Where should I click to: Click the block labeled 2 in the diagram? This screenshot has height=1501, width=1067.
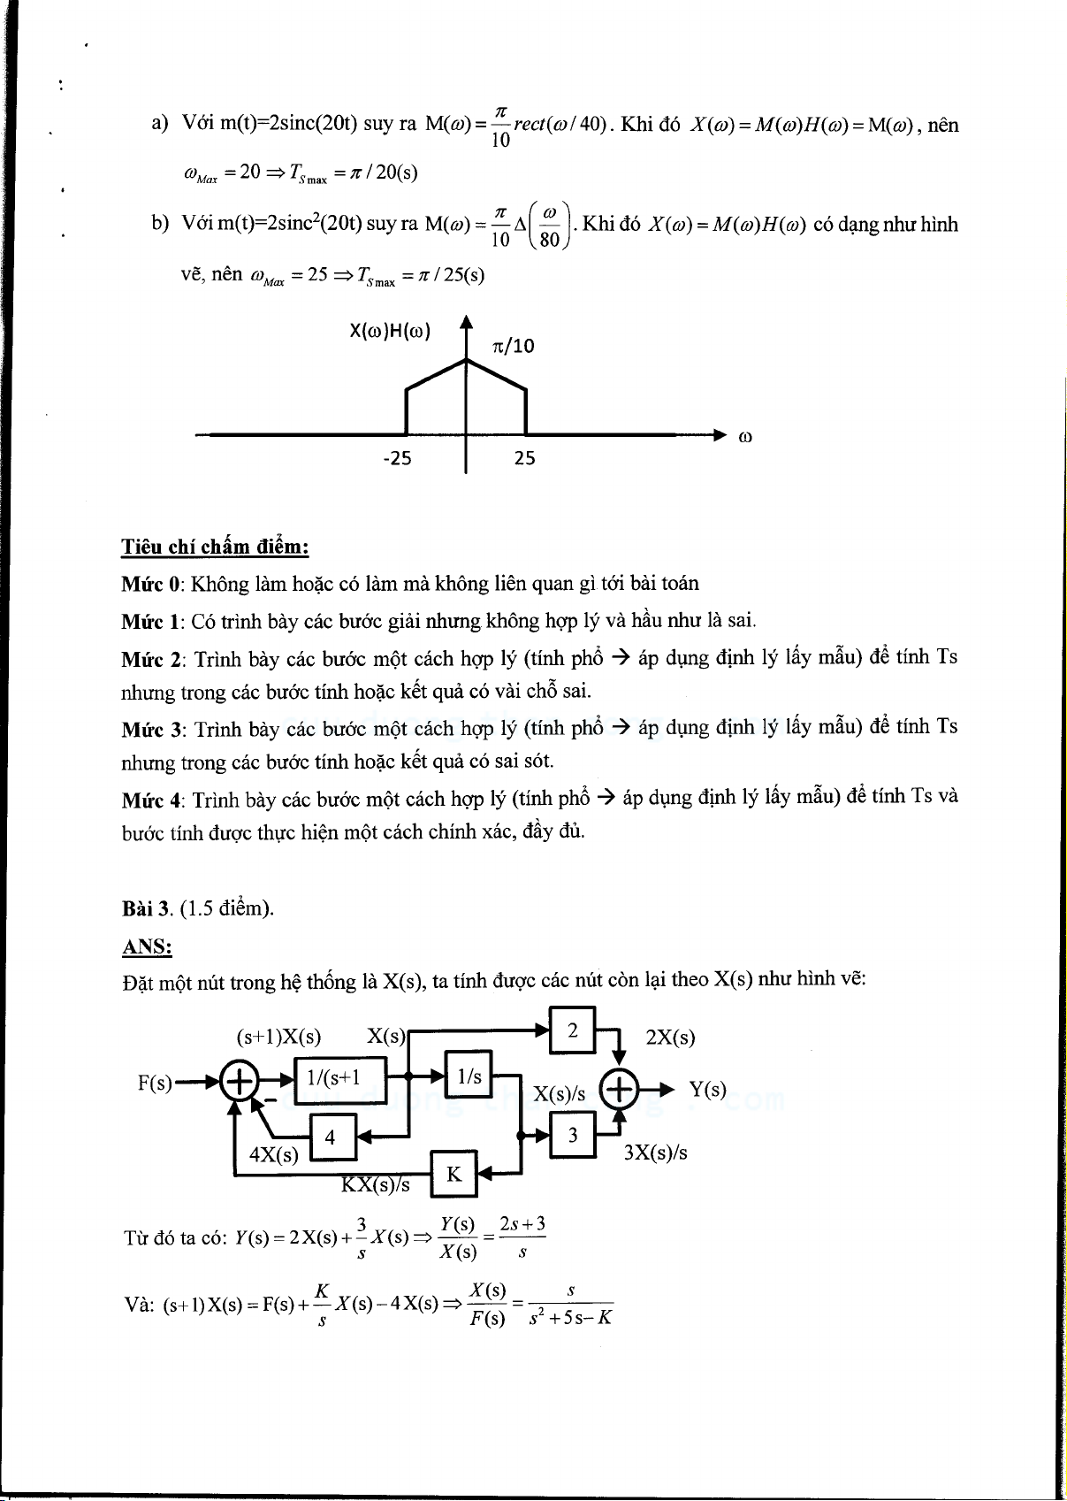pyautogui.click(x=573, y=1030)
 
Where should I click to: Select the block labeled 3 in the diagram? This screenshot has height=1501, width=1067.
pyautogui.click(x=573, y=1135)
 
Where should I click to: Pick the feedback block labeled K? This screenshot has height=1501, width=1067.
pyautogui.click(x=453, y=1174)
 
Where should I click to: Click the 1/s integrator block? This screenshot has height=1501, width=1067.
pyautogui.click(x=469, y=1076)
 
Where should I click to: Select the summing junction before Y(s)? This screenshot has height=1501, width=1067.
pyautogui.click(x=620, y=1089)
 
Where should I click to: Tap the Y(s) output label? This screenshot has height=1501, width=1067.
pyautogui.click(x=708, y=1089)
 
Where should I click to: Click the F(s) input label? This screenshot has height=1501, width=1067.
pyautogui.click(x=156, y=1083)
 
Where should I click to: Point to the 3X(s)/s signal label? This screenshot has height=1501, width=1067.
pyautogui.click(x=655, y=1153)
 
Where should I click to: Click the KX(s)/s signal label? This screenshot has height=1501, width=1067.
pyautogui.click(x=376, y=1185)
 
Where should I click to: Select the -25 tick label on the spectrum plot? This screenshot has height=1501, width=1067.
pyautogui.click(x=397, y=458)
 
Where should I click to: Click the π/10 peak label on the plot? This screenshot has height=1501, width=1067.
pyautogui.click(x=514, y=346)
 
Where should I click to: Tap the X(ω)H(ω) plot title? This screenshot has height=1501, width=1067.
pyautogui.click(x=390, y=332)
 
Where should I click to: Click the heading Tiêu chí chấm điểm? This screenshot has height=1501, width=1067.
pyautogui.click(x=215, y=547)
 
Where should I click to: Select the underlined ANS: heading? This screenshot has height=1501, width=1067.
pyautogui.click(x=147, y=946)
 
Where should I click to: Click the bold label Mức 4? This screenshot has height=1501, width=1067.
pyautogui.click(x=153, y=800)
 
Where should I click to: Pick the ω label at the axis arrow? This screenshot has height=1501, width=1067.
pyautogui.click(x=744, y=436)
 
